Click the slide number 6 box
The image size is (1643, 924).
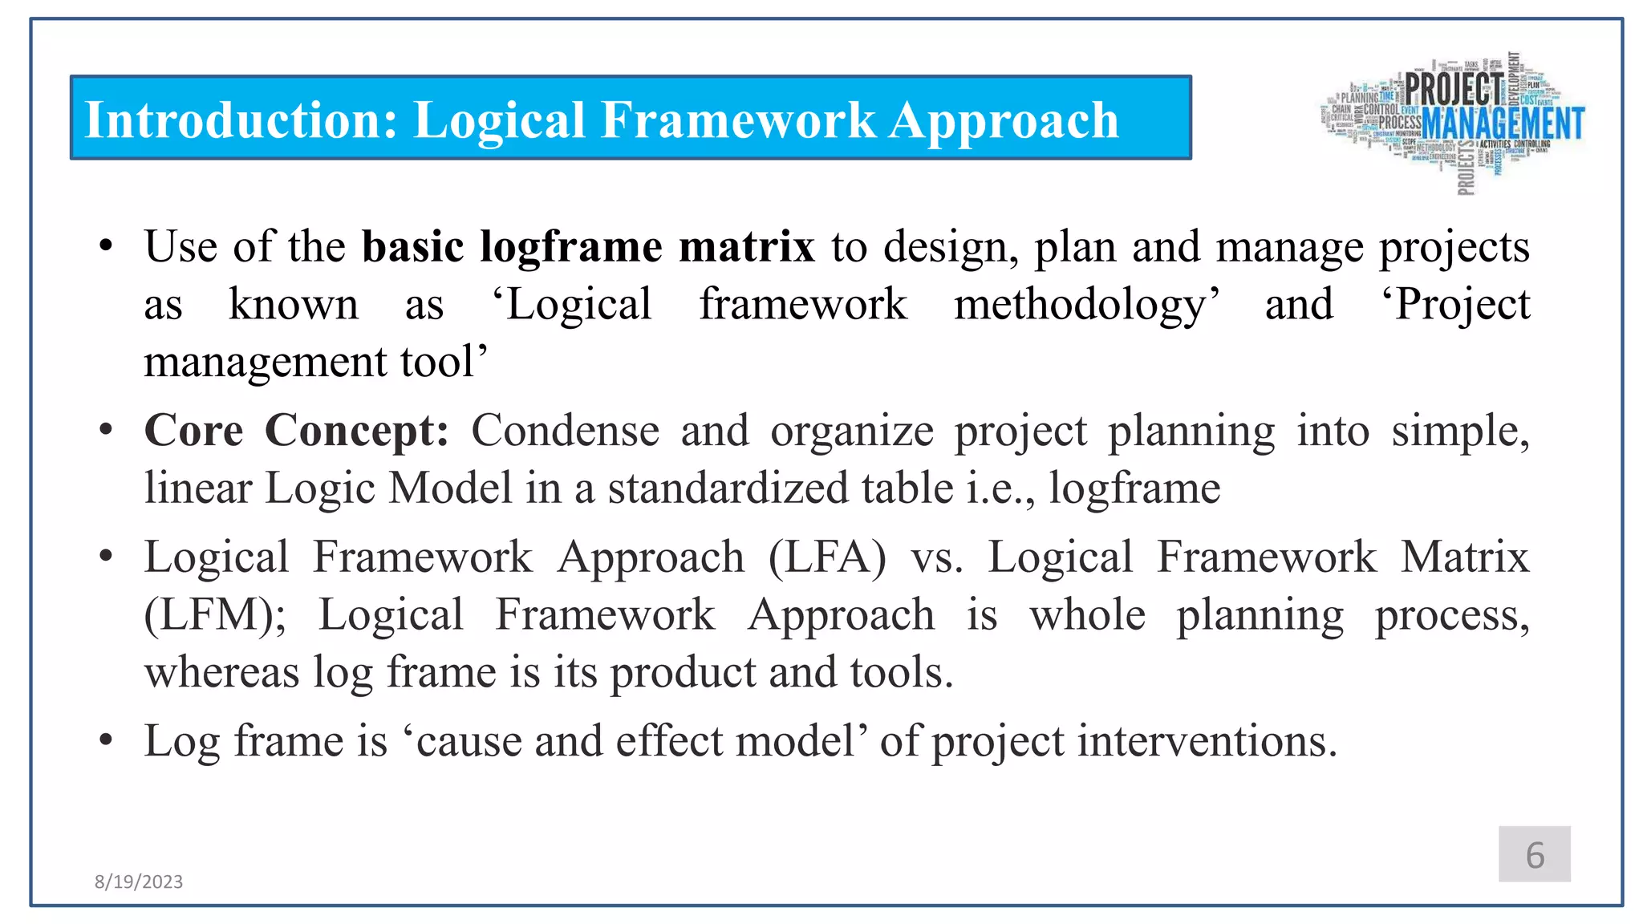[x=1534, y=854]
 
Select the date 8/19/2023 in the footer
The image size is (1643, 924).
[x=139, y=881]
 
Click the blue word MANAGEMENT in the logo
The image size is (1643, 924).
[x=1503, y=124]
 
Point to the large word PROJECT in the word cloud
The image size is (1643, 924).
[x=1454, y=88]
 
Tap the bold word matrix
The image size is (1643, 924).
[x=746, y=246]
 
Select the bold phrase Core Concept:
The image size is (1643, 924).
[x=296, y=431]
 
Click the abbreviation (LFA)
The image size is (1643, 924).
[x=827, y=557]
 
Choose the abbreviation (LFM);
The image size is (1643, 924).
[x=214, y=615]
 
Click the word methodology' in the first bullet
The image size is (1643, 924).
[x=1086, y=306]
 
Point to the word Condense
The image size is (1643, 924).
[x=565, y=431]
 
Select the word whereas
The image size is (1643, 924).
[x=221, y=672]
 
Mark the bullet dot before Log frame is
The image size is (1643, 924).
[x=106, y=740]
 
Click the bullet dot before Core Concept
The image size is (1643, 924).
[x=106, y=431]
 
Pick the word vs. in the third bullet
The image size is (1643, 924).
[x=936, y=557]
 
